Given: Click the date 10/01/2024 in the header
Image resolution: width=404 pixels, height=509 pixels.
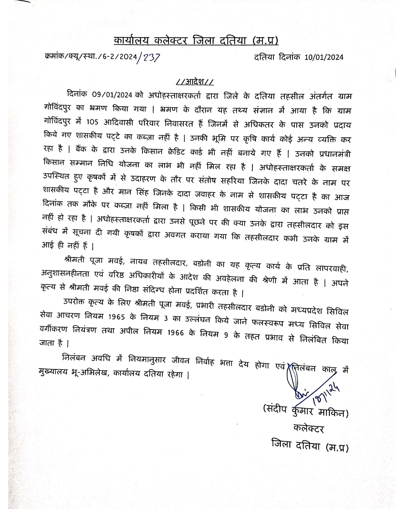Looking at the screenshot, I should pyautogui.click(x=324, y=57).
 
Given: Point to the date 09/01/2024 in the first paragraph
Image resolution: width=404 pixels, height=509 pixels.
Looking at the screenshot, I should pyautogui.click(x=112, y=95).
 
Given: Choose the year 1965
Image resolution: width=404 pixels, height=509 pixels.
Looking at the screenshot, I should pyautogui.click(x=116, y=317).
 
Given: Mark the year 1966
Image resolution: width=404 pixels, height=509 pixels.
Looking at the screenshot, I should pyautogui.click(x=175, y=332).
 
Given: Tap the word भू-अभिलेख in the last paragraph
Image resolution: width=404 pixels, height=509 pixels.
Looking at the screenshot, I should pyautogui.click(x=89, y=373).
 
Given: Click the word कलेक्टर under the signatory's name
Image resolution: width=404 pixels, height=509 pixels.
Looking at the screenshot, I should pyautogui.click(x=309, y=428).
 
